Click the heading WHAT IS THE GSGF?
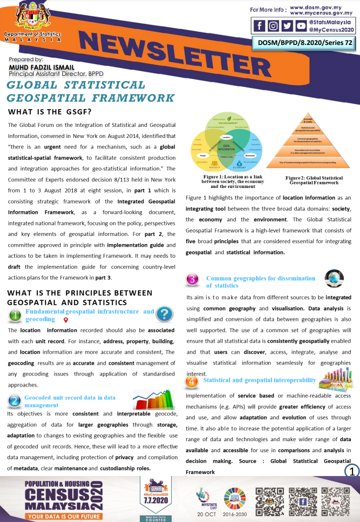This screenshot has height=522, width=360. point(49,112)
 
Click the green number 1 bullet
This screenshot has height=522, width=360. point(16,316)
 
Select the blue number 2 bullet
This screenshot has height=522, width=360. point(15,401)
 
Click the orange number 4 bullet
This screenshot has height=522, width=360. point(192,382)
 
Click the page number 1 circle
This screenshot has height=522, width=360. point(351,470)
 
